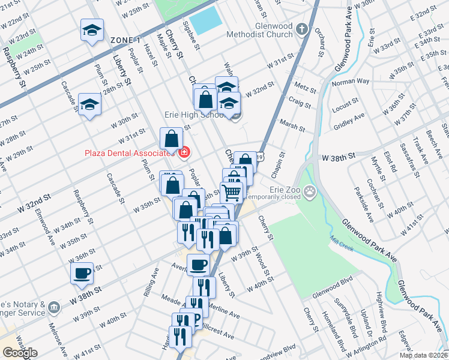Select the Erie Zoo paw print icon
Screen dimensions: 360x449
click(310, 193)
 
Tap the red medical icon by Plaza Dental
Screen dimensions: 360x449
click(184, 154)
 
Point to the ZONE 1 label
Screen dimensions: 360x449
click(125, 40)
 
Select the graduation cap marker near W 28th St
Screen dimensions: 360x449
click(89, 104)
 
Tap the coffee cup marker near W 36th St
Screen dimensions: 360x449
click(82, 273)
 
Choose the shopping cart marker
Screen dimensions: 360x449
click(231, 192)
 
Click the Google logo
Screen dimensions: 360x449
click(19, 353)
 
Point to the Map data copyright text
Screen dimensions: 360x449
click(423, 355)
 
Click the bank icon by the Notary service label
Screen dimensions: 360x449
click(54, 308)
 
